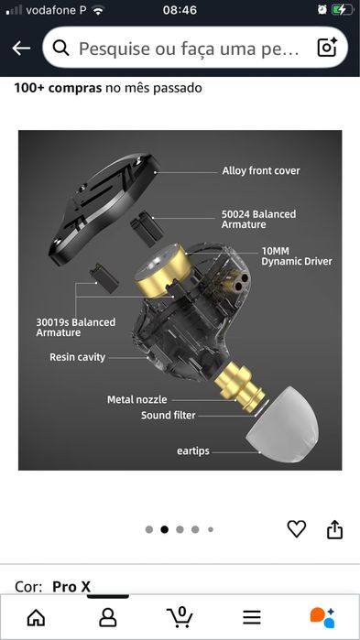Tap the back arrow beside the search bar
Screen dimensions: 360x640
point(21,49)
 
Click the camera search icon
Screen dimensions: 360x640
point(327,49)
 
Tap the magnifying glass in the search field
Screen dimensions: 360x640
point(61,49)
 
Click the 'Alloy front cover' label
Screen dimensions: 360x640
point(260,170)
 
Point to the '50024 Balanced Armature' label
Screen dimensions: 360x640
point(258,219)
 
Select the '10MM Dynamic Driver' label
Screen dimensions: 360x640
point(296,255)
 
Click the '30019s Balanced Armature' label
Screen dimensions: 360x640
point(76,327)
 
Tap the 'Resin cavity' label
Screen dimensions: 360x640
point(77,357)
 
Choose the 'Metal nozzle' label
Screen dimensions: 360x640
point(138,399)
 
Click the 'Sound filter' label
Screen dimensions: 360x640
point(169,415)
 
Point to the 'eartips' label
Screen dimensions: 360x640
point(197,450)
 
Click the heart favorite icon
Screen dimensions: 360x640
point(296,528)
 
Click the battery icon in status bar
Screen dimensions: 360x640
point(341,9)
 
